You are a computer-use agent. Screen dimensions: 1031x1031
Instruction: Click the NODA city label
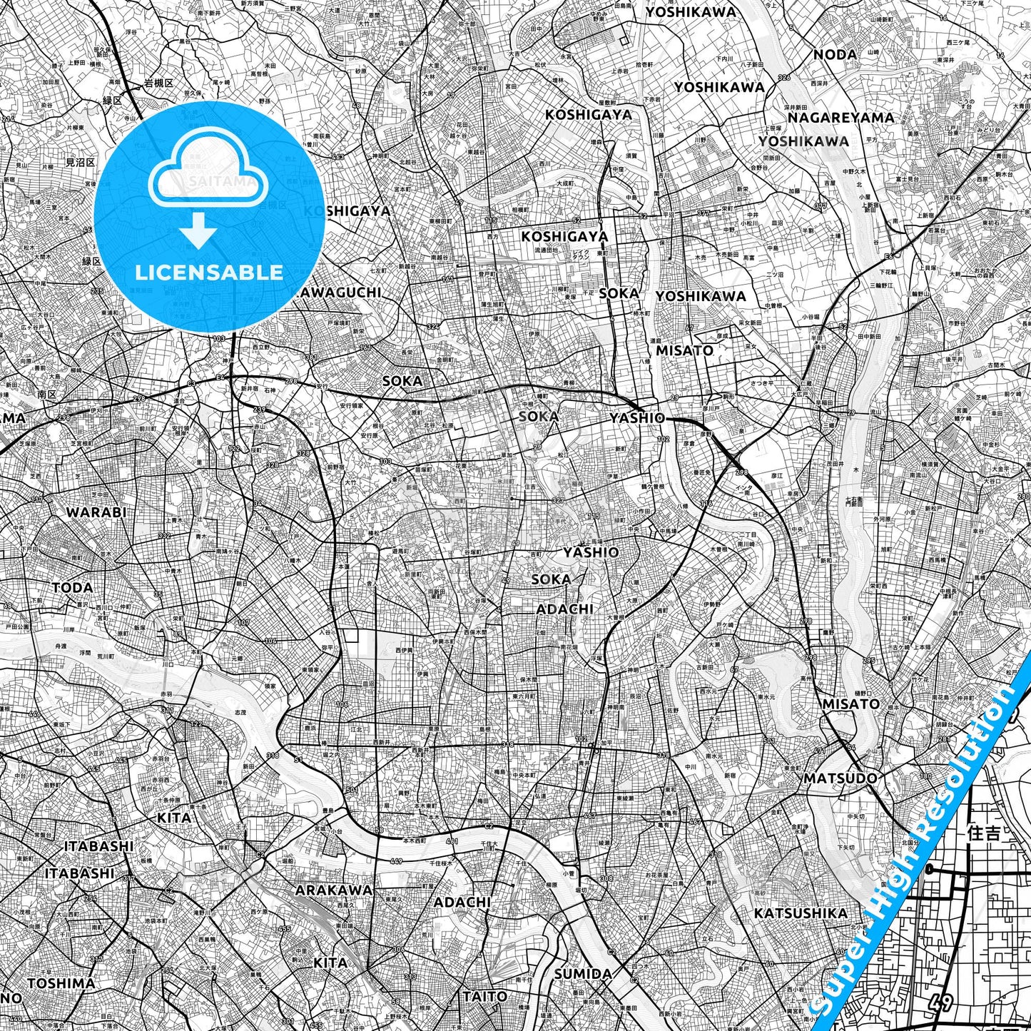pyautogui.click(x=835, y=54)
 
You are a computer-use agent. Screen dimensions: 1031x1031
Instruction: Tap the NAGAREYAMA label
pyautogui.click(x=841, y=117)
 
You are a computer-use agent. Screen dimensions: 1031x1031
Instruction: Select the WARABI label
pyautogui.click(x=96, y=512)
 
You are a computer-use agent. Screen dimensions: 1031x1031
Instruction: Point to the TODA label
pyautogui.click(x=72, y=587)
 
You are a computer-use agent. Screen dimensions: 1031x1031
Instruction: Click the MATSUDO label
pyautogui.click(x=840, y=778)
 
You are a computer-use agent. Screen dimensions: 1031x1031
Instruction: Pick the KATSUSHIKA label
pyautogui.click(x=801, y=913)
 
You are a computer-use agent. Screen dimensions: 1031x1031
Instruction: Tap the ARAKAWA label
pyautogui.click(x=334, y=890)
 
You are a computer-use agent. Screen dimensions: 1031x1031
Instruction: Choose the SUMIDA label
pyautogui.click(x=583, y=974)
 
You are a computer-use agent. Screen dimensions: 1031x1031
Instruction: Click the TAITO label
pyautogui.click(x=485, y=996)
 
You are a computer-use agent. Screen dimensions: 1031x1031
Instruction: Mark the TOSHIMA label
pyautogui.click(x=61, y=983)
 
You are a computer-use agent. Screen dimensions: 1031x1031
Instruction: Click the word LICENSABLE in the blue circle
pyautogui.click(x=209, y=272)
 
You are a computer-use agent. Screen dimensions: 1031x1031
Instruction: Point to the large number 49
pyautogui.click(x=941, y=1002)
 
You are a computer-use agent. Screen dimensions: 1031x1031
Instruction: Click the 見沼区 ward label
pyautogui.click(x=80, y=163)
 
